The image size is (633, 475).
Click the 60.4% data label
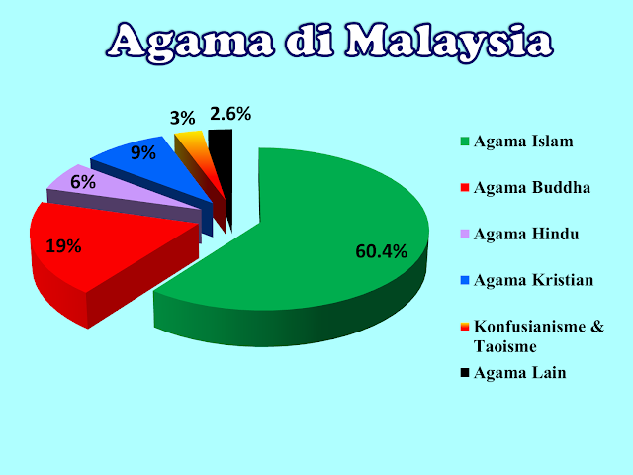click(x=381, y=251)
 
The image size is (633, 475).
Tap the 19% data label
click(x=62, y=246)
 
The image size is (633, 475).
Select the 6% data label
click(x=82, y=182)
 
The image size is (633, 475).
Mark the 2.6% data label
click(x=229, y=114)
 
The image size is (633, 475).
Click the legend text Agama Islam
click(x=523, y=142)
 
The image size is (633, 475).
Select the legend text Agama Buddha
click(x=532, y=187)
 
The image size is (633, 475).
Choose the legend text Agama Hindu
click(x=525, y=234)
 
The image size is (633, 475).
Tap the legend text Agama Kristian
click(x=534, y=280)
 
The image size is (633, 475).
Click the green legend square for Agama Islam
click(x=465, y=142)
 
